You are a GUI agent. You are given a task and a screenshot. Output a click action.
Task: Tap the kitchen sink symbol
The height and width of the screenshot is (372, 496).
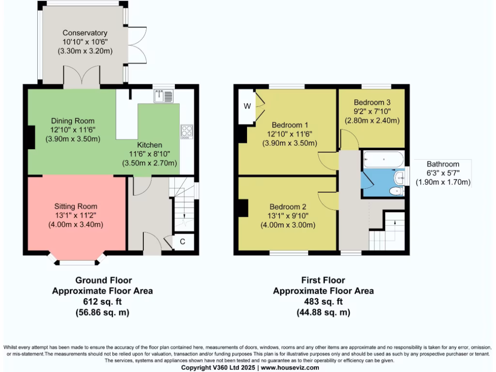pyautogui.click(x=163, y=96)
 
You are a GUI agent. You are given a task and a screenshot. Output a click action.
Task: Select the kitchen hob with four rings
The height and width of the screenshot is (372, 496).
pyautogui.click(x=186, y=132)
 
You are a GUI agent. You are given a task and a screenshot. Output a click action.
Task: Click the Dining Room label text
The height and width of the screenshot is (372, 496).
pyautogui.click(x=73, y=121)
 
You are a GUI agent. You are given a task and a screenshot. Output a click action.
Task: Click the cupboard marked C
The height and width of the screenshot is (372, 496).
pyautogui.click(x=182, y=241)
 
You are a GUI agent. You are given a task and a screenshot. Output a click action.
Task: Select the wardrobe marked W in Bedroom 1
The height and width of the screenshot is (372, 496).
pyautogui.click(x=247, y=107)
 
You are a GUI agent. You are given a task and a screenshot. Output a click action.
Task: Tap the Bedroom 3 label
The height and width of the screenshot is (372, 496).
pyautogui.click(x=372, y=103)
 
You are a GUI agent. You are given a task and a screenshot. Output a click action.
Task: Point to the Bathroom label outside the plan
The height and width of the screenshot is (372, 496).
pyautogui.click(x=443, y=164)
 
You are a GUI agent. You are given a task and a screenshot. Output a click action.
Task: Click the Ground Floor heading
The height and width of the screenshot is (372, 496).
pyautogui.click(x=103, y=280)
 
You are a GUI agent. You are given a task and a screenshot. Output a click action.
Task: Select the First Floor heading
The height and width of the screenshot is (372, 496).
pyautogui.click(x=323, y=280)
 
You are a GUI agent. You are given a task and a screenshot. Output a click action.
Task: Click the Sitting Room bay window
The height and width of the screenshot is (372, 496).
pyautogui.click(x=77, y=262)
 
